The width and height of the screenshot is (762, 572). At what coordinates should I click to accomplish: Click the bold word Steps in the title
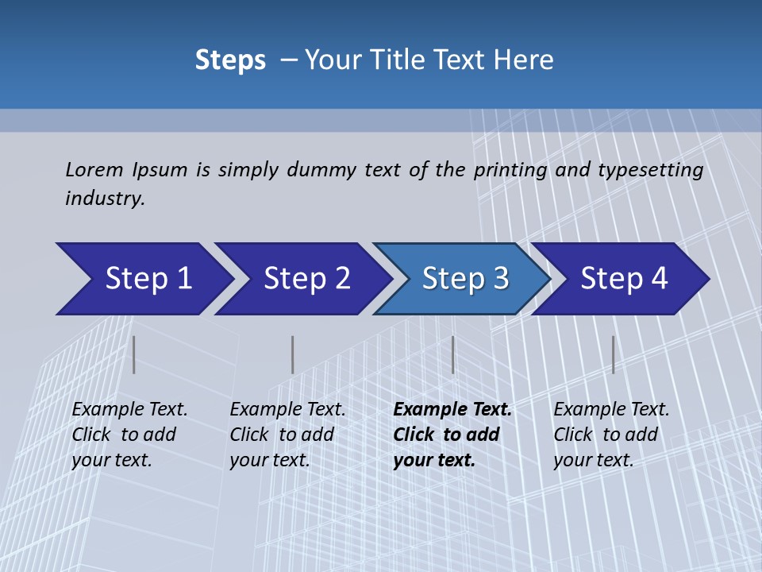[x=230, y=60]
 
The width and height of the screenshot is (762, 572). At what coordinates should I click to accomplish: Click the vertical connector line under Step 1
[x=134, y=354]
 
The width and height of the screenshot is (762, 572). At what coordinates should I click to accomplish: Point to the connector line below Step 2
[x=293, y=354]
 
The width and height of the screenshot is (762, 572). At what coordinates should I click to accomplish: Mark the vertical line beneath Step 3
[x=452, y=354]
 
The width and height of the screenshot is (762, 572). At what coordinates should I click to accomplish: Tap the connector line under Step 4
[x=613, y=354]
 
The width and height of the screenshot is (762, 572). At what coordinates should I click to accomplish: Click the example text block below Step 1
[x=129, y=435]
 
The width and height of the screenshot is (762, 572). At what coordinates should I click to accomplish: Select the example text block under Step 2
[x=287, y=435]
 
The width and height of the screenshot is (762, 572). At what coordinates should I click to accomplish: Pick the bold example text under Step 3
[x=452, y=435]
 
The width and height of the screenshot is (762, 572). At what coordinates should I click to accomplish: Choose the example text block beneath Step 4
[x=611, y=435]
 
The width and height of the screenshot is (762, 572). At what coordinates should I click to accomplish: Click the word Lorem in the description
[x=94, y=169]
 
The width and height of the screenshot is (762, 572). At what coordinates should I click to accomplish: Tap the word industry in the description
[x=105, y=199]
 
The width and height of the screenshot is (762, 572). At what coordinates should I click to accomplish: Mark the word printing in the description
[x=510, y=170]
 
